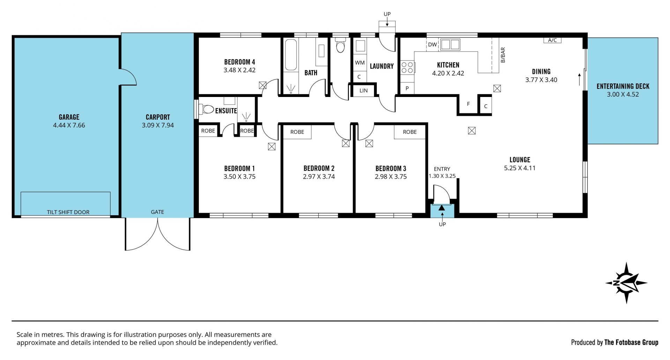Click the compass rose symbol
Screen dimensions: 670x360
pos(626,283)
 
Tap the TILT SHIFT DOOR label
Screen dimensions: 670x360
pos(68,212)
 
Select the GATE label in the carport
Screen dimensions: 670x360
pos(157,212)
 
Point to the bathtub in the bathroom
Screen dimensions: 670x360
pos(291,55)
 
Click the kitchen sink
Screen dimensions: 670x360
pos(450,45)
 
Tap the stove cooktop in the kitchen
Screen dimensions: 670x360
pos(407,67)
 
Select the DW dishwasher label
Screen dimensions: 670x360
pos(432,45)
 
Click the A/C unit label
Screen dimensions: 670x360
pos(552,40)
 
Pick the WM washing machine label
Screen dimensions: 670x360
pos(360,63)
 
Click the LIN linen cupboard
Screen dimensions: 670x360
pos(364,90)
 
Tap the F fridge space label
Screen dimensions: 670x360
pos(468,104)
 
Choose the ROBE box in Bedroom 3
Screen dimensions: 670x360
pos(410,132)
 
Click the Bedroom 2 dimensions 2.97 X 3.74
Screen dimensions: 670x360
pos(319,177)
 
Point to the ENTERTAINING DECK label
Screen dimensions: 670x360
pos(623,86)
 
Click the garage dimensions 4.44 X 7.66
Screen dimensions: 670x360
pos(69,125)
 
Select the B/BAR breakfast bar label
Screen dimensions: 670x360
pos(503,55)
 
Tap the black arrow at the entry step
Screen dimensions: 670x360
pos(442,207)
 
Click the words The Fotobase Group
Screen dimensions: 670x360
pos(631,343)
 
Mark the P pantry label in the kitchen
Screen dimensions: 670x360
pos(407,89)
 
